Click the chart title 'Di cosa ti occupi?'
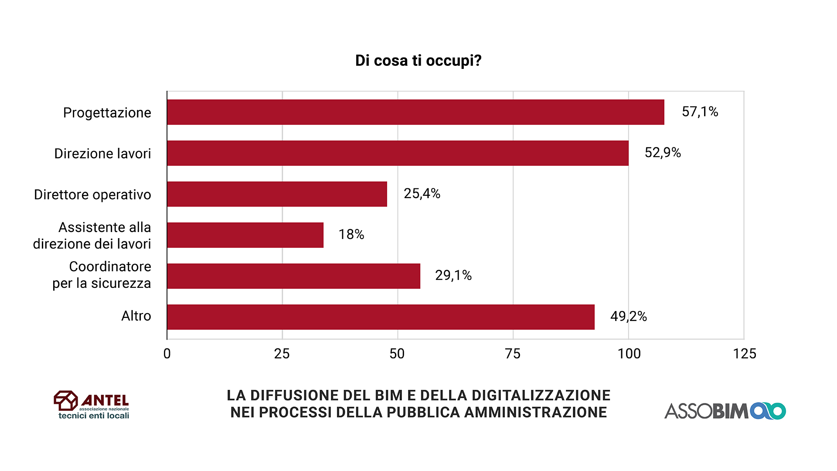418,61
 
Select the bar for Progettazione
415,112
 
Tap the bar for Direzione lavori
398,153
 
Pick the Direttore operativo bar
277,194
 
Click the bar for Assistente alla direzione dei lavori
245,235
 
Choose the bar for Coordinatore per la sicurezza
293,276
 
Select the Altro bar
381,317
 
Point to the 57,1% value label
700,112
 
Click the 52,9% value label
663,153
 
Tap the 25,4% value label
422,194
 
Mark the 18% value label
351,235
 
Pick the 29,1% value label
453,276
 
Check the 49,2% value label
629,317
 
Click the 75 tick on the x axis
513,354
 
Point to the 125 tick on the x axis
744,354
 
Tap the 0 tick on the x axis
167,354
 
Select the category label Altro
136,316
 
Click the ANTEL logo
92,405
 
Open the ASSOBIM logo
725,411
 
